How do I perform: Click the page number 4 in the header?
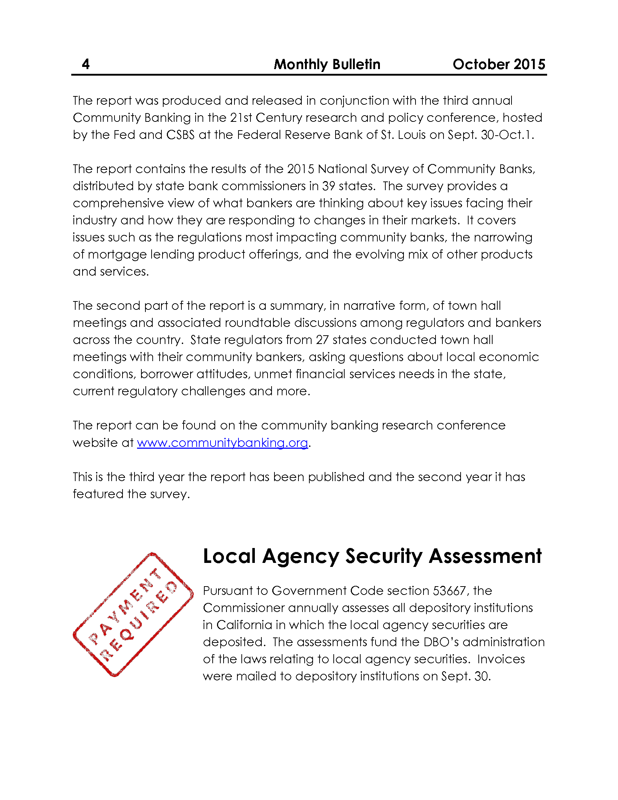pos(86,64)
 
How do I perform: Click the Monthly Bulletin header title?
pos(327,64)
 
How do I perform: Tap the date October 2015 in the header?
pos(499,64)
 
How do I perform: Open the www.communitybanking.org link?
pos(222,443)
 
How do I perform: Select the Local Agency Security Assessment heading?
pos(372,556)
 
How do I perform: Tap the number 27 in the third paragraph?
pos(322,340)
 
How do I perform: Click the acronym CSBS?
pos(181,135)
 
